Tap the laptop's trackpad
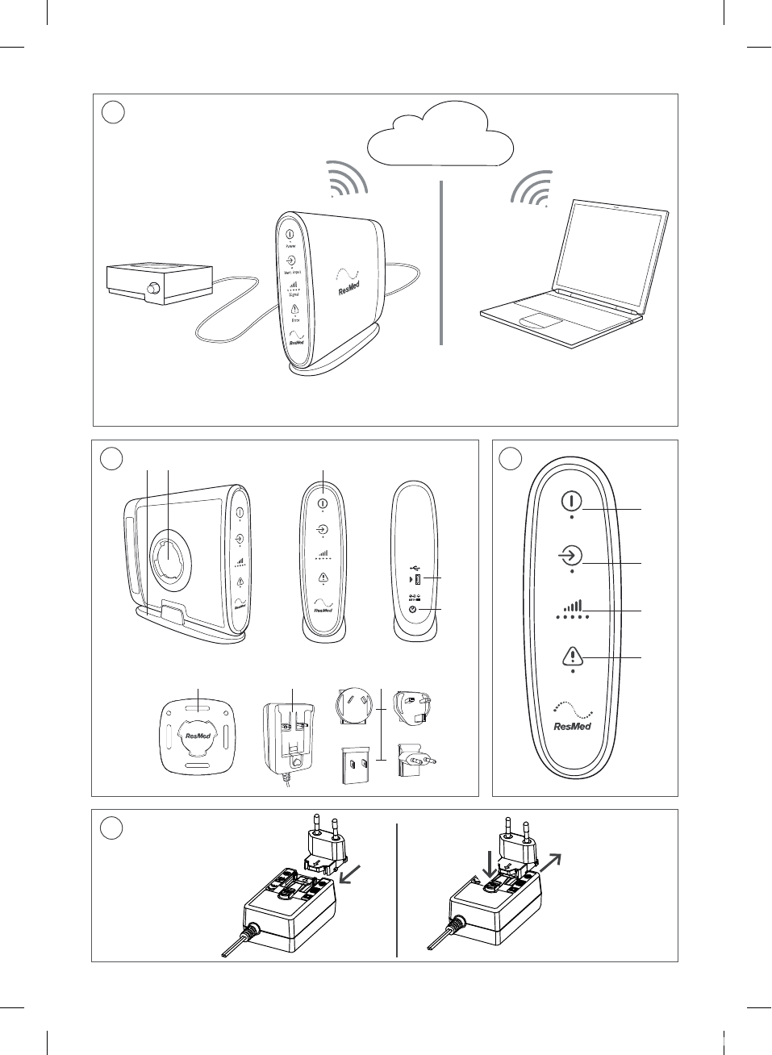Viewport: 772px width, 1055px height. coord(540,322)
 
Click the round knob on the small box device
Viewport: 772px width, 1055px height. coord(152,290)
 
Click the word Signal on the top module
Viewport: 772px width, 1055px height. coord(294,295)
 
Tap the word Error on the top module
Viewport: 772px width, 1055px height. coord(295,320)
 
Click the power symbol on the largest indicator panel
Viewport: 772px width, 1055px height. coord(571,501)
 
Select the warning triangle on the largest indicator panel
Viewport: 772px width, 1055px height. coord(572,657)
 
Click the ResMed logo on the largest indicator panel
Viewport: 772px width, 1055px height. coord(572,725)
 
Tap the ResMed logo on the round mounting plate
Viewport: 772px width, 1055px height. coord(198,736)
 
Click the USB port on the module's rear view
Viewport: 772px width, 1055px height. coord(418,579)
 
